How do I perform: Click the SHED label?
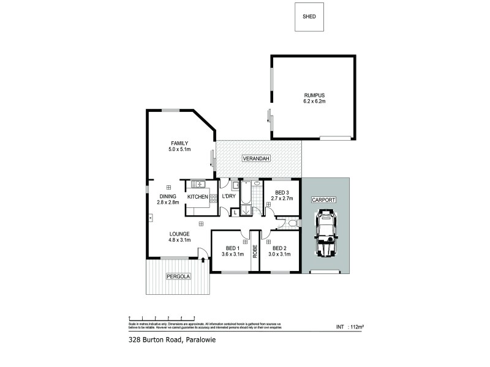coord(309,17)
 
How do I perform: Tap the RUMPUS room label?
coord(314,95)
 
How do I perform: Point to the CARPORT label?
coord(325,200)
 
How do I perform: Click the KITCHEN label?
coord(198,196)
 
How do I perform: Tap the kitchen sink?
coord(197,183)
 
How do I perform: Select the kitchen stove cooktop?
coord(213,197)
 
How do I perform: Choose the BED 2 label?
coord(279,248)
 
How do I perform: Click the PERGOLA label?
coord(178,276)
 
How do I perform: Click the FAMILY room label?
coord(179,143)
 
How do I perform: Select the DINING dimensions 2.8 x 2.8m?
coord(168,202)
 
